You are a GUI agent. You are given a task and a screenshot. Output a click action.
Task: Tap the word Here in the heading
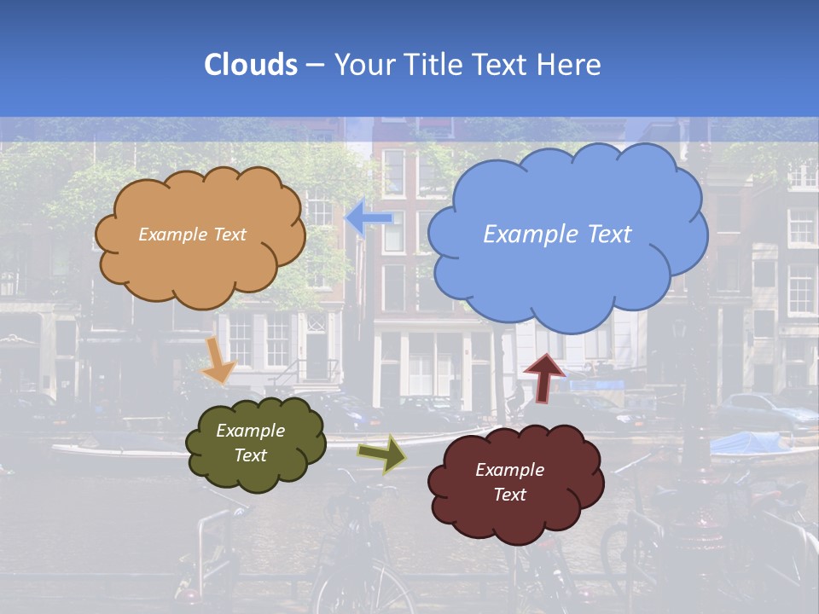(x=567, y=65)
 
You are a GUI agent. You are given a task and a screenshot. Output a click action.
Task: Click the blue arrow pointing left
(x=369, y=218)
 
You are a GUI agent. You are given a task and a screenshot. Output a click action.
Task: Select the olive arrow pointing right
(x=382, y=454)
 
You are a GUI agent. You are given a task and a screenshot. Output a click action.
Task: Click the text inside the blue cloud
(x=557, y=234)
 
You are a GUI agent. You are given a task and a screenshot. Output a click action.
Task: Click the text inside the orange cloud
(x=192, y=235)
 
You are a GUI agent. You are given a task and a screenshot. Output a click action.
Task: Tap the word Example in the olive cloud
(x=250, y=431)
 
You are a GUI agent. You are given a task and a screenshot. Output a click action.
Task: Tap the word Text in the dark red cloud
(x=509, y=495)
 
